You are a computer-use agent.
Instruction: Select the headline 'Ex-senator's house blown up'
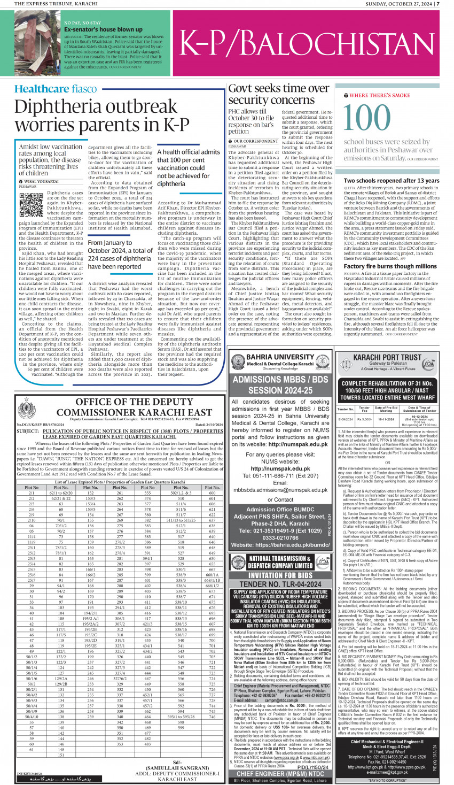(x=103, y=29)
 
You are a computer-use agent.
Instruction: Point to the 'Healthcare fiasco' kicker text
(x=56, y=89)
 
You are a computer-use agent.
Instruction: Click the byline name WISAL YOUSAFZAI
(x=41, y=182)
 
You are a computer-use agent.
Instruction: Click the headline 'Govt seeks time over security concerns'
(x=278, y=94)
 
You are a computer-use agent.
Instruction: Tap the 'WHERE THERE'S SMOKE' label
(x=379, y=95)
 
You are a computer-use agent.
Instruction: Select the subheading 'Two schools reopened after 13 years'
(x=391, y=181)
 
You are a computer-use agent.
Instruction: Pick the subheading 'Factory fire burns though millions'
(x=390, y=266)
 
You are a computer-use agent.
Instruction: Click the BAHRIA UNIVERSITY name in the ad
(x=279, y=357)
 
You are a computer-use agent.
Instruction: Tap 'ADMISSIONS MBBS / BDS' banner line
(x=280, y=380)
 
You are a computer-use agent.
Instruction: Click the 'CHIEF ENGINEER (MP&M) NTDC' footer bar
(x=280, y=774)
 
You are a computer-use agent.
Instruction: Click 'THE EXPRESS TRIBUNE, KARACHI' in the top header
(x=52, y=4)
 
